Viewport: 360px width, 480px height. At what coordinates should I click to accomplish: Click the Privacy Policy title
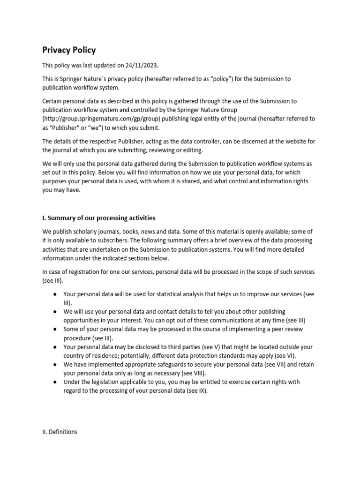(69, 50)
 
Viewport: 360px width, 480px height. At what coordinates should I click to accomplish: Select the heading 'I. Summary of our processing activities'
(99, 218)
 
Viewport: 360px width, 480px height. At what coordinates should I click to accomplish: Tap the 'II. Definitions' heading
(60, 432)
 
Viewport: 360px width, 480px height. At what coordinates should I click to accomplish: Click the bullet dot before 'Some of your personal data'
(55, 329)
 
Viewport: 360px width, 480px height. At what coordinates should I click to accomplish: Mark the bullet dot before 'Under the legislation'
(55, 382)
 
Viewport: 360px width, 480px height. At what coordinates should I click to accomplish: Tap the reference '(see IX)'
(195, 391)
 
